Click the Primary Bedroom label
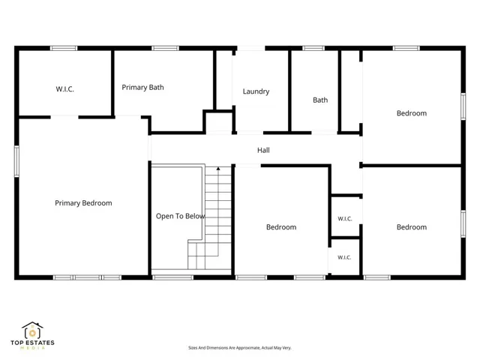(83, 203)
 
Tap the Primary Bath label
(142, 88)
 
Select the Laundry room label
(256, 91)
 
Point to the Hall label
(263, 150)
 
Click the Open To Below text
(180, 217)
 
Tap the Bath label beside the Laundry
(320, 100)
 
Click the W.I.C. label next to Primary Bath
(64, 89)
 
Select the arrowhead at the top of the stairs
(218, 168)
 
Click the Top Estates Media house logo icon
(32, 330)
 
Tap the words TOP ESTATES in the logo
(32, 343)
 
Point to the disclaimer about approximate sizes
(240, 348)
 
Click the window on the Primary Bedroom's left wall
(16, 161)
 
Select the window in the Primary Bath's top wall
(165, 48)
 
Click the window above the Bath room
(313, 48)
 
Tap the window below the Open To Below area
(173, 277)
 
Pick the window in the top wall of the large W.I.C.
(64, 48)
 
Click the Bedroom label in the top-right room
(412, 113)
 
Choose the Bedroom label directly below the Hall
(281, 227)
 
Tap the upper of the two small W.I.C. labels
(345, 219)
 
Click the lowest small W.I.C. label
(344, 257)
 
